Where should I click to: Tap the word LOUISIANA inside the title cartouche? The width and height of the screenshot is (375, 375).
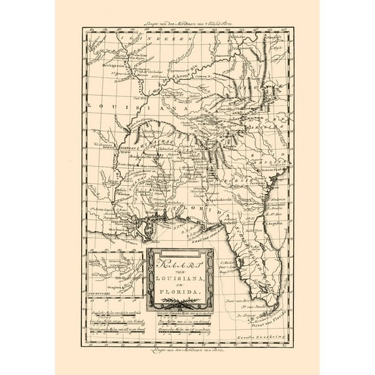pos(181,273)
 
